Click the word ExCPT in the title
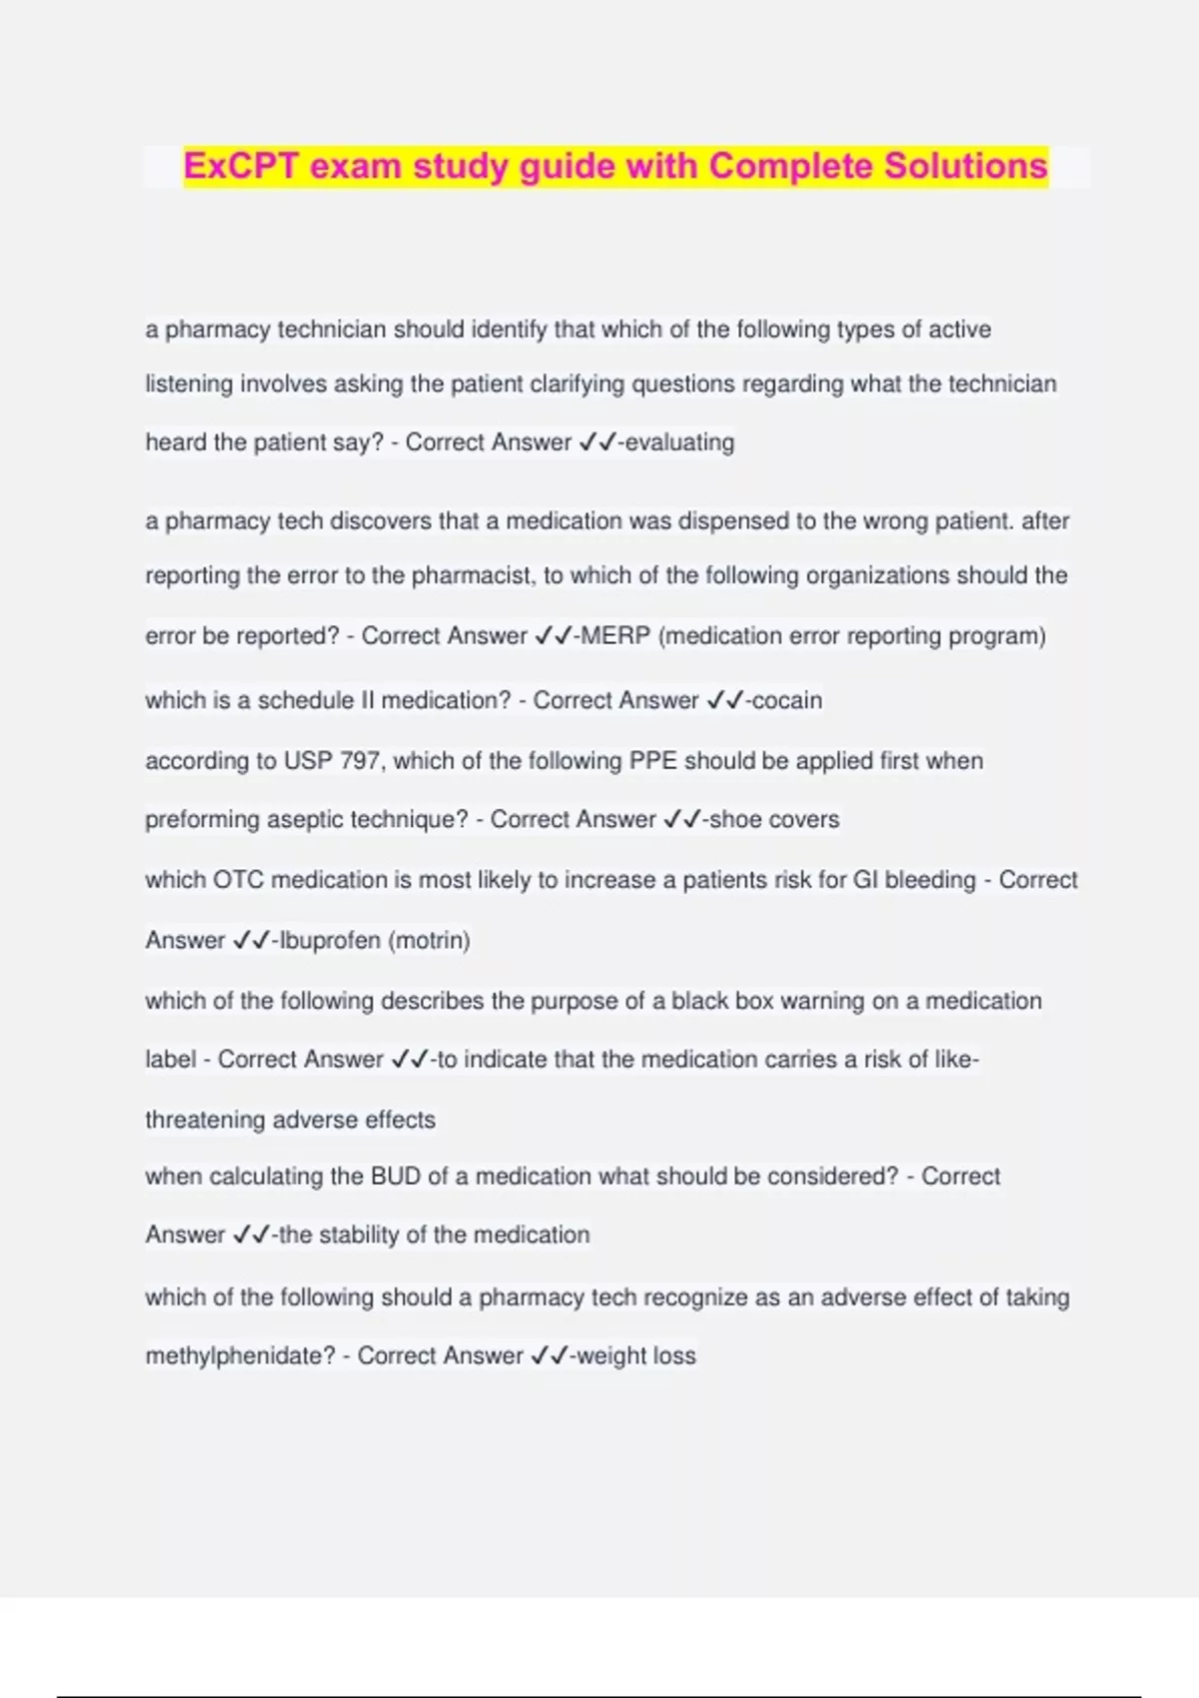click(x=241, y=166)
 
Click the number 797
click(x=360, y=761)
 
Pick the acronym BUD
click(x=396, y=1177)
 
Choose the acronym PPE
click(x=653, y=761)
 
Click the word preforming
click(x=207, y=820)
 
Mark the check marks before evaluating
click(x=598, y=442)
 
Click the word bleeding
click(x=930, y=880)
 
